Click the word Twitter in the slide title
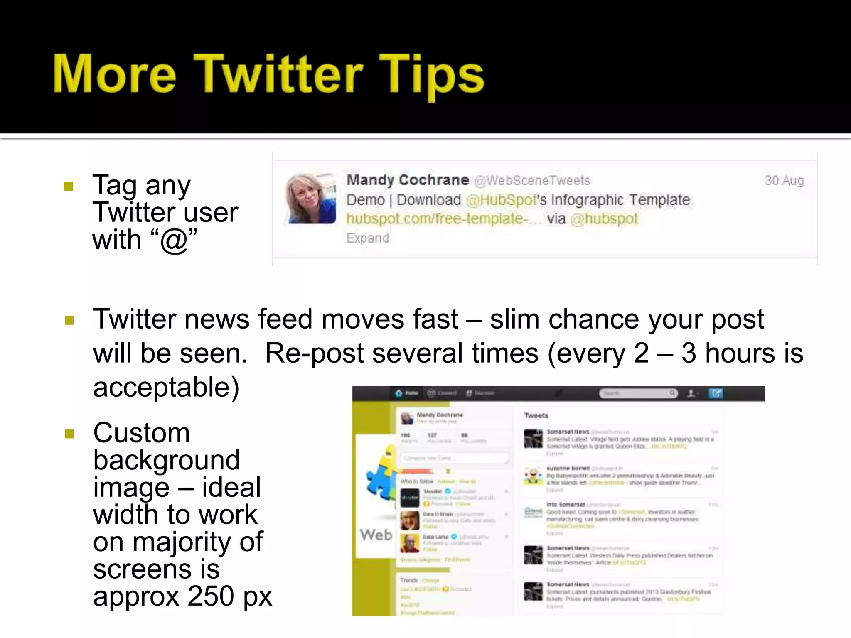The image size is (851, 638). point(278,75)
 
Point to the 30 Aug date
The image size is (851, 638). point(784,180)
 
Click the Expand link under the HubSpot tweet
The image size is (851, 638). point(368,238)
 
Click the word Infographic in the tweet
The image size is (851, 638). point(587,200)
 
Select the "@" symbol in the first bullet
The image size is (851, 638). point(173,240)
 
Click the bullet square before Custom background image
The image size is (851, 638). point(69,434)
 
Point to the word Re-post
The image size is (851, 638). point(314,353)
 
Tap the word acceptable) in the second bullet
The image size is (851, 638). point(166,387)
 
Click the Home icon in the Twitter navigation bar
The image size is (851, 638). point(399,393)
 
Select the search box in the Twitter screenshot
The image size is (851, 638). point(637,393)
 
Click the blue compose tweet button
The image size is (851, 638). point(716,393)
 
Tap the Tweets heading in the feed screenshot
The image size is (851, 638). point(536,415)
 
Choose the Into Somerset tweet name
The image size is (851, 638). point(566,504)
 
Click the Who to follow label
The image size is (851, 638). point(417,481)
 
